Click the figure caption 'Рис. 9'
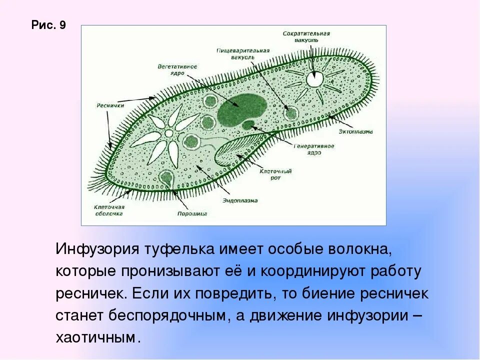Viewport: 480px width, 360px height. tap(48, 25)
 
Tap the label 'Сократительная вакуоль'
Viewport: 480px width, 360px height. tap(306, 36)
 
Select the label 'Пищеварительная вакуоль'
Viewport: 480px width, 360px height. tap(243, 53)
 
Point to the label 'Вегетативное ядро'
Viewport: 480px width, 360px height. tap(177, 69)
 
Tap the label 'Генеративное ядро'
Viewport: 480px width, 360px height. tap(313, 148)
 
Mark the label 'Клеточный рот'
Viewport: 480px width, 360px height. tap(275, 174)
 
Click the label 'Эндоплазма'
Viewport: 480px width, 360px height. tap(240, 200)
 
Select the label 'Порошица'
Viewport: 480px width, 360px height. tap(192, 213)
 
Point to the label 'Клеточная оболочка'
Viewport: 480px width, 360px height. tap(109, 210)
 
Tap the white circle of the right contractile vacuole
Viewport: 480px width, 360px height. tap(315, 78)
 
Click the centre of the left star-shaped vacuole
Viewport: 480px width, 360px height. tap(169, 133)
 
